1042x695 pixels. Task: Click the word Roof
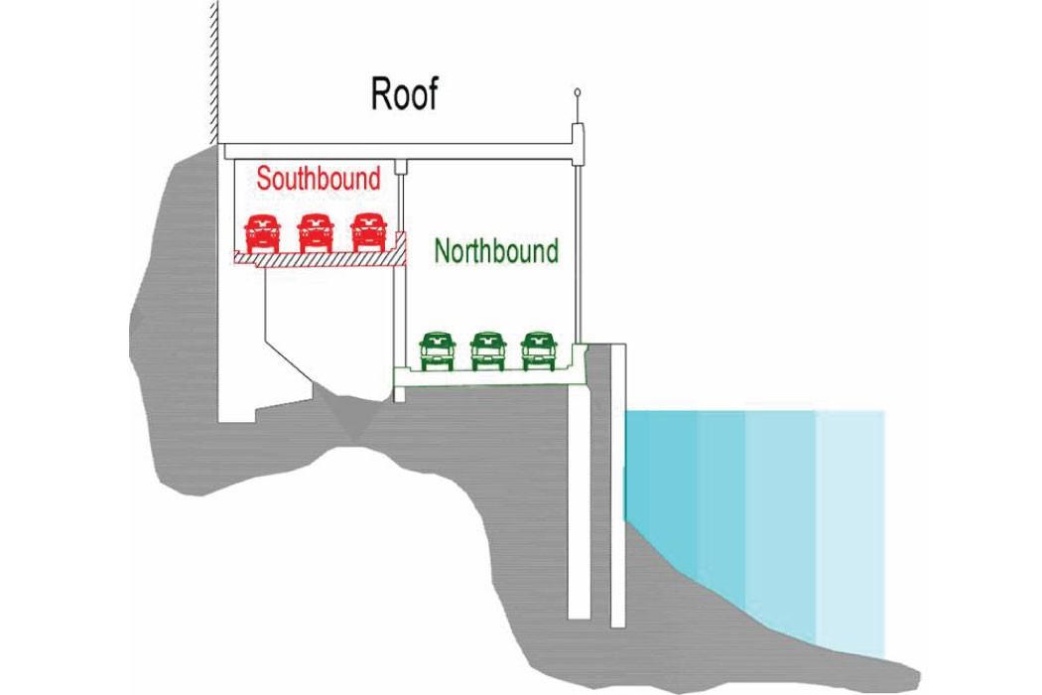403,94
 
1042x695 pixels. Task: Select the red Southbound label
318,179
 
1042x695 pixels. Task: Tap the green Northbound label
496,251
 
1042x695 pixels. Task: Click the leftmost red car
262,232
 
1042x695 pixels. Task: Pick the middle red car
315,232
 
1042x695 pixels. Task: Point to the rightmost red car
367,232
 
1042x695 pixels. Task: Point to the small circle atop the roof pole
577,94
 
